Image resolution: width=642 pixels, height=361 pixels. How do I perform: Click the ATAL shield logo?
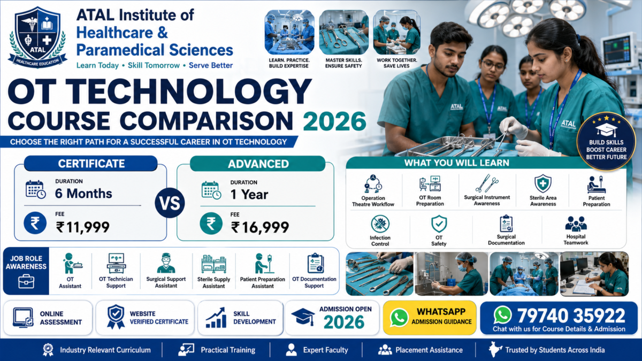click(37, 37)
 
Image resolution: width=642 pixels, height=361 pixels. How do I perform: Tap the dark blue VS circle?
click(170, 203)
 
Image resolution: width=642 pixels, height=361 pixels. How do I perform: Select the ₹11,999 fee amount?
click(83, 227)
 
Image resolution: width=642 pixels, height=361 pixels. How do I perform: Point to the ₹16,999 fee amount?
click(260, 227)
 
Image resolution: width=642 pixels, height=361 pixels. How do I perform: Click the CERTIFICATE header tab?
click(91, 164)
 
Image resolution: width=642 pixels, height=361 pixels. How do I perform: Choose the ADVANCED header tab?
click(258, 164)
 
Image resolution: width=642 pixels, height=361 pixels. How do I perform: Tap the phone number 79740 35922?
click(571, 316)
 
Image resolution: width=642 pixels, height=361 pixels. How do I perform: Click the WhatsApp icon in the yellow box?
click(399, 318)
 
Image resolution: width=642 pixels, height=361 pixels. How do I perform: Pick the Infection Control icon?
click(380, 224)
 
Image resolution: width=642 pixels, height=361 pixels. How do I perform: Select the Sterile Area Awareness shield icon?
click(543, 183)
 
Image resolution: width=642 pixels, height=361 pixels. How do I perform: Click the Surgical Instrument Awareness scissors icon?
click(487, 183)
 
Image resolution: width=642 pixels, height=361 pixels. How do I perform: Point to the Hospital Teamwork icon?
click(576, 224)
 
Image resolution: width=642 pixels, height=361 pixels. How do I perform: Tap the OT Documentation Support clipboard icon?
click(315, 263)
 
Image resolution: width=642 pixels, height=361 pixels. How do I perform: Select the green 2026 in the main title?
click(334, 121)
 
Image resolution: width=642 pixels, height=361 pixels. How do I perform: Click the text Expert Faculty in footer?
click(326, 350)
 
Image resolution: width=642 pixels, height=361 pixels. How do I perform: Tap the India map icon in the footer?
click(495, 350)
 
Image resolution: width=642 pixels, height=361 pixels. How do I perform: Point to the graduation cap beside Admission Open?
click(303, 317)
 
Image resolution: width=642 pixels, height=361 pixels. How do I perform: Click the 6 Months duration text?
click(83, 194)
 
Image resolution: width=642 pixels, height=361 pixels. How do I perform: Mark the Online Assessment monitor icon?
click(23, 318)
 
